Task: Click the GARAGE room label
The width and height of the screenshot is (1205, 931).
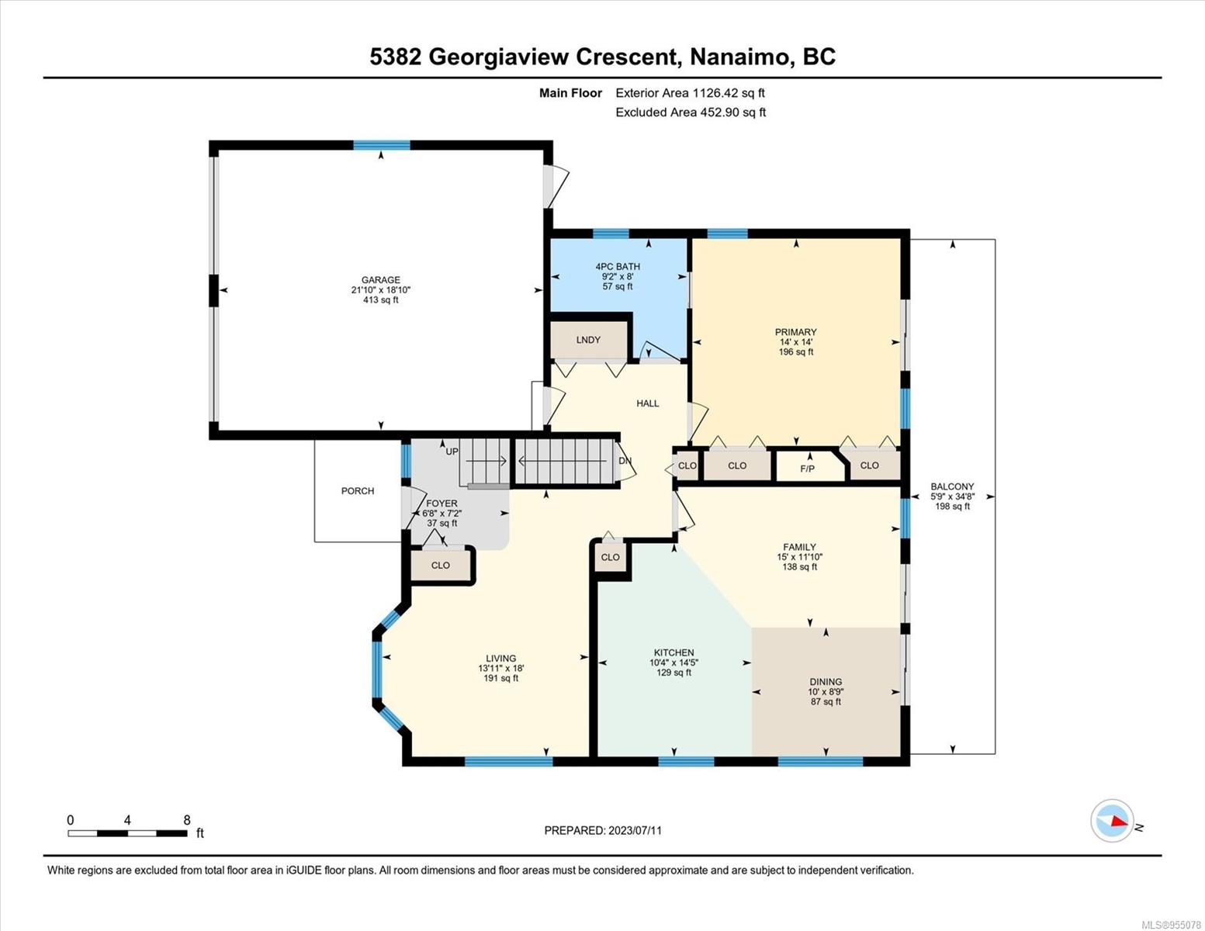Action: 380,280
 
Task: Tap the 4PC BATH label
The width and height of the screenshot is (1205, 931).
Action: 618,267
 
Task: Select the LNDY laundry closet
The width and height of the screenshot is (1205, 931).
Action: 588,340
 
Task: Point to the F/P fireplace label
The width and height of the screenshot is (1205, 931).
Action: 808,469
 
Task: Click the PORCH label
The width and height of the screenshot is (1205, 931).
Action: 358,491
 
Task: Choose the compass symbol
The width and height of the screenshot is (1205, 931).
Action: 1112,821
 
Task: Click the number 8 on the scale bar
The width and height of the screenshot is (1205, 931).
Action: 187,820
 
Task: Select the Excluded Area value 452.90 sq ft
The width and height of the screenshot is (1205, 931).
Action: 732,112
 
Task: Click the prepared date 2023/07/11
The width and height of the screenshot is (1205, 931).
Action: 635,831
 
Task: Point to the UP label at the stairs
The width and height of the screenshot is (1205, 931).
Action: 452,452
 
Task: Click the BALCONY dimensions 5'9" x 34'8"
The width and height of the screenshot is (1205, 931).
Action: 953,497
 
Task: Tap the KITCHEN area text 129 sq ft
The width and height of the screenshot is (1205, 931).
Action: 673,673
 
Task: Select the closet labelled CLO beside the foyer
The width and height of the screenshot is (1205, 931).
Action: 441,566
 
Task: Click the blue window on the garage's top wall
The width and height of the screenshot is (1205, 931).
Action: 382,145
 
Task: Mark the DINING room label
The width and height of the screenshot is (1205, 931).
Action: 826,682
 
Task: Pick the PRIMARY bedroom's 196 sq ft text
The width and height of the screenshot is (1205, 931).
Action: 796,352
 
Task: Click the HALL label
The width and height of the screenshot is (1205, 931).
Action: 648,403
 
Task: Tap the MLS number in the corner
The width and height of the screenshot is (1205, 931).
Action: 1171,925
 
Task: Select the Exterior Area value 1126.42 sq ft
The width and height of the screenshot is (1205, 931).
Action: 729,93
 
